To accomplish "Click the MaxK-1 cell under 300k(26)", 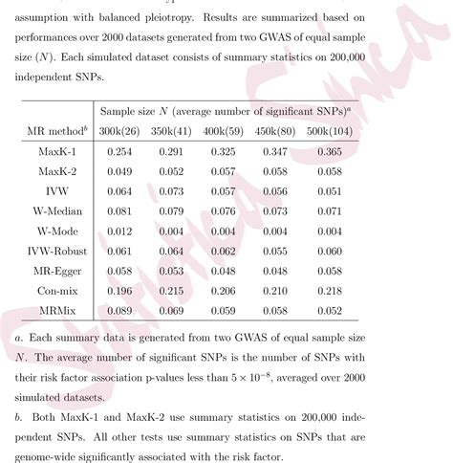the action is pyautogui.click(x=120, y=151).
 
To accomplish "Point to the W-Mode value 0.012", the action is pyautogui.click(x=120, y=231).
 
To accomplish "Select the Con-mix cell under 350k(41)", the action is pyautogui.click(x=172, y=290).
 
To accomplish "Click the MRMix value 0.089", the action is pyautogui.click(x=120, y=310).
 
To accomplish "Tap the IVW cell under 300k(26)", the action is pyautogui.click(x=120, y=191).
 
